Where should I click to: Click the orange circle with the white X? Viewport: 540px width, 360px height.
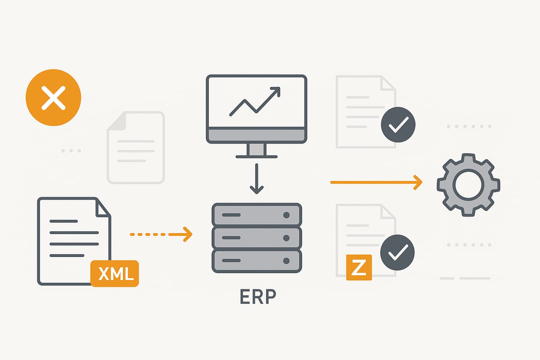54,99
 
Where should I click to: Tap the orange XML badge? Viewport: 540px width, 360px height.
115,273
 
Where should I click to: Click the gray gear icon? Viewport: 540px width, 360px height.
468,184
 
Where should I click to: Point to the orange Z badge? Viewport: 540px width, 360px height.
359,267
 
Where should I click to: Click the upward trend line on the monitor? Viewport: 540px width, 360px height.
255,101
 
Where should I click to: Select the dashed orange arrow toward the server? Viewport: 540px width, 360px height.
161,234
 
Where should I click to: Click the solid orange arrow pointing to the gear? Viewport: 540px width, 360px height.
376,182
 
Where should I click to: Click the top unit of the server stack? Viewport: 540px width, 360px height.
256,215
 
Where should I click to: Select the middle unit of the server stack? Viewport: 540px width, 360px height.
256,238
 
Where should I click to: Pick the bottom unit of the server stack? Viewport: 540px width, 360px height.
256,261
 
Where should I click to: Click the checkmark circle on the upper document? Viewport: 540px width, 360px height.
398,125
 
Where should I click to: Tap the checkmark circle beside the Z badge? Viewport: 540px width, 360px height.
397,252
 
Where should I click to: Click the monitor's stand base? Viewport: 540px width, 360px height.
256,157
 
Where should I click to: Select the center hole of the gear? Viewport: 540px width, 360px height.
468,184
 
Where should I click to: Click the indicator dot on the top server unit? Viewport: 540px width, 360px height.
286,215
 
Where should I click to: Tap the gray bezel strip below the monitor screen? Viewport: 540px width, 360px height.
256,135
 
